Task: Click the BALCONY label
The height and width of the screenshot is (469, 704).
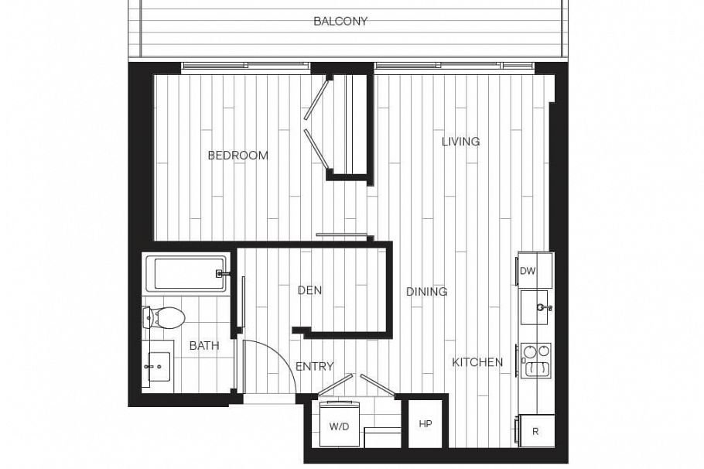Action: point(340,21)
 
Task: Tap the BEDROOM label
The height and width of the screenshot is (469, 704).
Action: point(238,156)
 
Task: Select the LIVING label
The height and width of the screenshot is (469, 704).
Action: point(460,142)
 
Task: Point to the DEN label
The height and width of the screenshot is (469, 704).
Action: point(309,290)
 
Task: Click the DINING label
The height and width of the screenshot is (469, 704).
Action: point(427,292)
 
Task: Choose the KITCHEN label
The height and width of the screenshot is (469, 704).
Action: point(477,362)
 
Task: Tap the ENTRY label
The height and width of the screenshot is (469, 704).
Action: point(314,366)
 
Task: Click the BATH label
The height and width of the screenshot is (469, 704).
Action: point(204,346)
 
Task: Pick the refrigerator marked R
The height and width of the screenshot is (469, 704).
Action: point(535,431)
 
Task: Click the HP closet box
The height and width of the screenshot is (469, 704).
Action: point(425,424)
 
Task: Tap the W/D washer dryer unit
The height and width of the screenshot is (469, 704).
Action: point(339,426)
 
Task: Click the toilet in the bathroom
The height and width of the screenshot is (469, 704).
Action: point(164,317)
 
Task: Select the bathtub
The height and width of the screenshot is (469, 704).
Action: point(186,274)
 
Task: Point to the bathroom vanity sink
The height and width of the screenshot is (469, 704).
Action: point(157,368)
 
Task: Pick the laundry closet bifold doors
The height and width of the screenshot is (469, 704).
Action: point(359,384)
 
